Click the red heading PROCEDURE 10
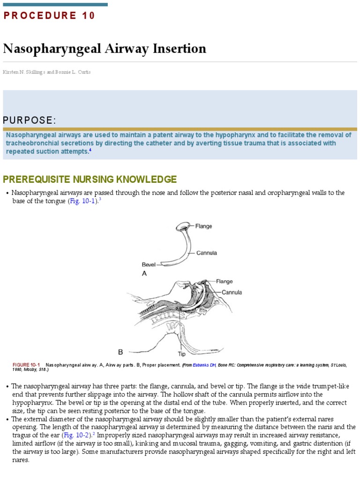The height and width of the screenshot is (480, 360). pyautogui.click(x=49, y=15)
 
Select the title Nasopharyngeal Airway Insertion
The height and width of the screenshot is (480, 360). pyautogui.click(x=105, y=49)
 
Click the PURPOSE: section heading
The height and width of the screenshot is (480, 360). pyautogui.click(x=30, y=120)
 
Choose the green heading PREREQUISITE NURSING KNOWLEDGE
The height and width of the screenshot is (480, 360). pyautogui.click(x=90, y=179)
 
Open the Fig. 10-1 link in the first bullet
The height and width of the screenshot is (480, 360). pyautogui.click(x=82, y=201)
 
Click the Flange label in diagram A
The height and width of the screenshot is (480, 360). pyautogui.click(x=203, y=226)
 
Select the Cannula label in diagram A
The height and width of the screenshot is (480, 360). pyautogui.click(x=206, y=253)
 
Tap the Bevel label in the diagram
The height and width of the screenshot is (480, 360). pyautogui.click(x=149, y=264)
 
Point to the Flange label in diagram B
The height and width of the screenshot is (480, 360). pyautogui.click(x=224, y=282)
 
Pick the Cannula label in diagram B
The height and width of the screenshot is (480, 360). pyautogui.click(x=232, y=292)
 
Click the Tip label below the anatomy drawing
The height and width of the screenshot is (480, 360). pyautogui.click(x=181, y=354)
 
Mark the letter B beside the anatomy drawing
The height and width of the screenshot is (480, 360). pyautogui.click(x=120, y=352)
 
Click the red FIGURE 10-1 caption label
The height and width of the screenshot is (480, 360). pyautogui.click(x=26, y=365)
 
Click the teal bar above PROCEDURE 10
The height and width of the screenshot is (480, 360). pyautogui.click(x=55, y=5)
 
